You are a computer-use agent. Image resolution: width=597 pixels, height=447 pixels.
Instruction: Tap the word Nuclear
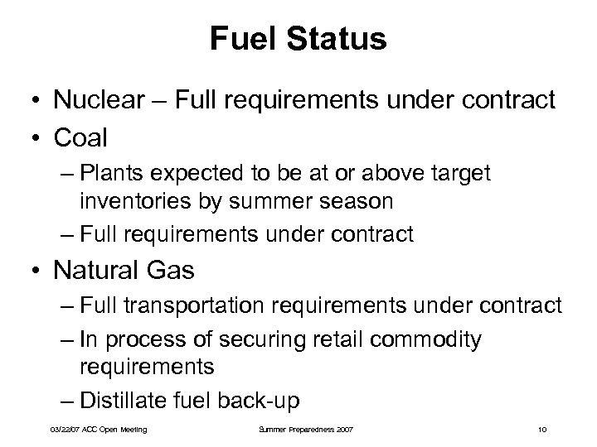(91, 101)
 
